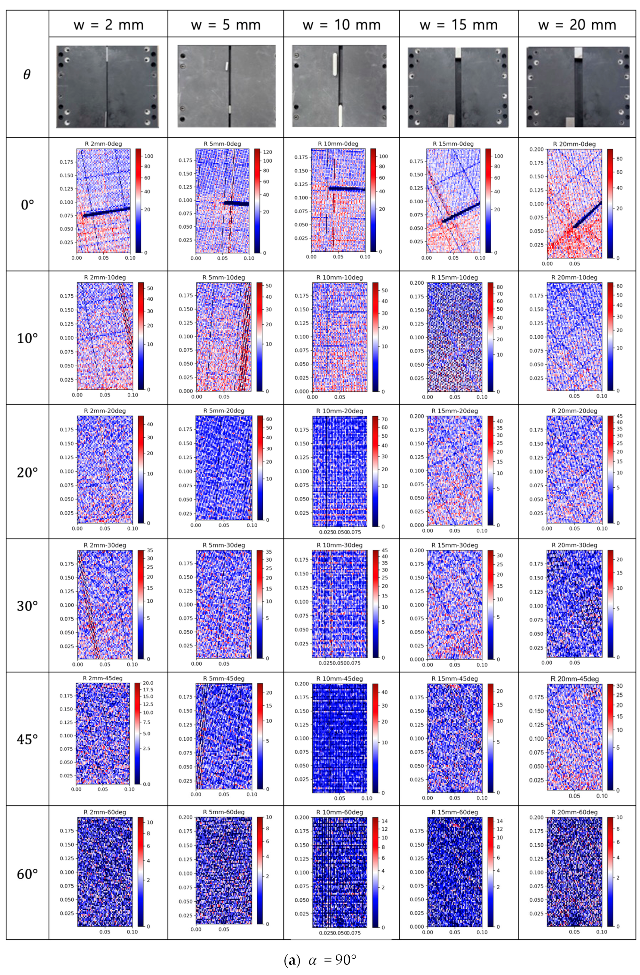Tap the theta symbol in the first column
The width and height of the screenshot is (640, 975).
(27, 75)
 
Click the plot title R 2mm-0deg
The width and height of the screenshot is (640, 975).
(103, 144)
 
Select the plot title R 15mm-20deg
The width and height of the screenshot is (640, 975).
(454, 411)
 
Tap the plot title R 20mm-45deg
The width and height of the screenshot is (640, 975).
(575, 679)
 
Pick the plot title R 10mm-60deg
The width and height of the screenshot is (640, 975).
(340, 812)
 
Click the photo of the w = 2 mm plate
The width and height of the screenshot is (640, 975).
(107, 87)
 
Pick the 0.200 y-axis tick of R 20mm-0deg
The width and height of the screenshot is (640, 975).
(537, 149)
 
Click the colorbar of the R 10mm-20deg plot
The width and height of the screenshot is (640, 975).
(375, 471)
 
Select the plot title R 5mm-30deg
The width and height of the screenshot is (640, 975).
(224, 545)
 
